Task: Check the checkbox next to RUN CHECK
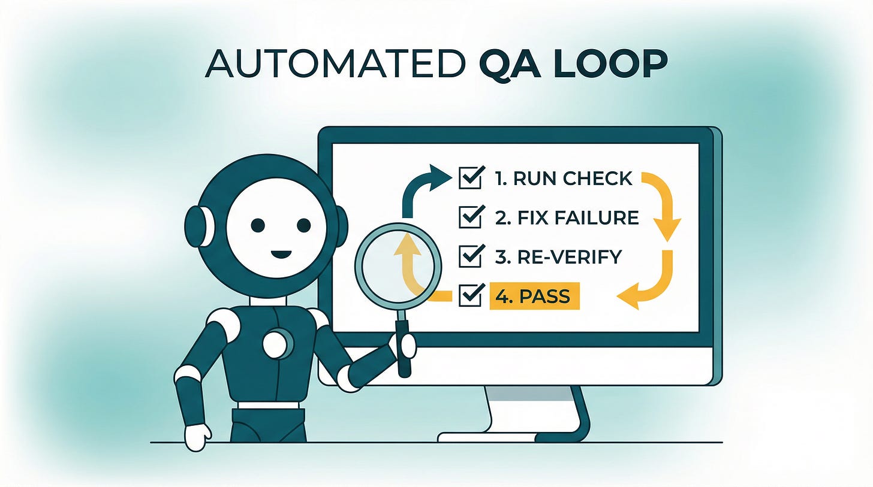point(470,178)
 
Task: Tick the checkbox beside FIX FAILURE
point(470,217)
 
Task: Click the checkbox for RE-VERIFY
point(470,256)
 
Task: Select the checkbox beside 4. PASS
point(470,295)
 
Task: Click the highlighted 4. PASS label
point(534,296)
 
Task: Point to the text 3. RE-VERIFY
point(558,256)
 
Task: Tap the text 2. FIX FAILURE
point(567,217)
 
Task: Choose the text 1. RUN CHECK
point(564,179)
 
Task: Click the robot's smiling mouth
point(281,254)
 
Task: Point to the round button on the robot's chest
point(276,343)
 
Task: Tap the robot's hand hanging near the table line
point(197,436)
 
